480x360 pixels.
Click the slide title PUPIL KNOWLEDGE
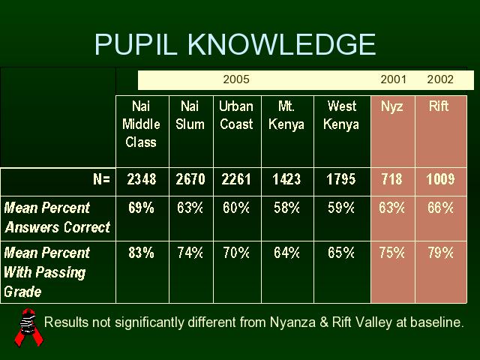(x=235, y=44)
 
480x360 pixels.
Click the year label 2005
(x=236, y=79)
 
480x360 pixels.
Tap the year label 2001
(x=393, y=79)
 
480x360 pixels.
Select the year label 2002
(x=440, y=79)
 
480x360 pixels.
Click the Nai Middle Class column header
(x=141, y=124)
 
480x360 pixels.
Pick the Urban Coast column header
(x=236, y=115)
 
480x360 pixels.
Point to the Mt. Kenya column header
(x=286, y=115)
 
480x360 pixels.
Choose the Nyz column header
(x=391, y=107)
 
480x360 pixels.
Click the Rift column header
(x=438, y=106)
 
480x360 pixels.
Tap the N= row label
(x=102, y=178)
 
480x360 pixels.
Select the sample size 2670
(x=190, y=179)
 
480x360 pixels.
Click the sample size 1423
(x=286, y=179)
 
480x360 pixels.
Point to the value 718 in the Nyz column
(x=391, y=179)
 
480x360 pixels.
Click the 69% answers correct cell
(x=141, y=208)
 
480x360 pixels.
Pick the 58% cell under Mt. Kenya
(x=286, y=208)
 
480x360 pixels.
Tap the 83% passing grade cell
(x=141, y=253)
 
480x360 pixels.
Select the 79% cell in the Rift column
(x=440, y=253)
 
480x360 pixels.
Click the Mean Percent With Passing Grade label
(x=46, y=272)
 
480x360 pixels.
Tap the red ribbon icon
(x=28, y=328)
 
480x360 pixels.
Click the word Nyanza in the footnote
(x=292, y=322)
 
